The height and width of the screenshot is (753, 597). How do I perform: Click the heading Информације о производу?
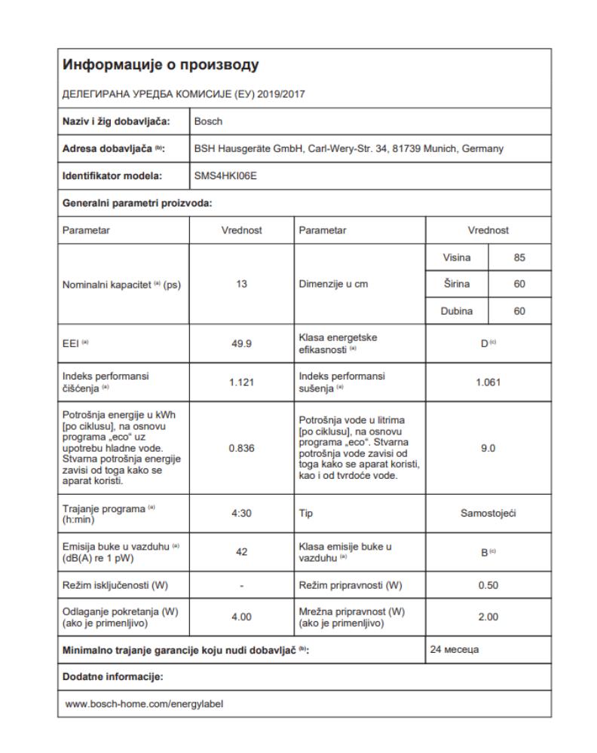(x=162, y=66)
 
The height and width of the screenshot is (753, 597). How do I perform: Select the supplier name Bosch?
(x=208, y=120)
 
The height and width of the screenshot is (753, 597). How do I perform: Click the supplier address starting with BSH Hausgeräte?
(x=349, y=148)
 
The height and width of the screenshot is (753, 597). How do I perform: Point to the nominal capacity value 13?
(x=241, y=285)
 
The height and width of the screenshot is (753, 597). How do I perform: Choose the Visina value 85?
(x=519, y=258)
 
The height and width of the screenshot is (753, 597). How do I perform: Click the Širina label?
(x=457, y=285)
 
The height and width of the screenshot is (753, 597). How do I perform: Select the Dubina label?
(x=457, y=311)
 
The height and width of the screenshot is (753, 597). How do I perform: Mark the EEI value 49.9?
(x=241, y=344)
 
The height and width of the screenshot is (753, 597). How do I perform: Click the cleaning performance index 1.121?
(x=241, y=383)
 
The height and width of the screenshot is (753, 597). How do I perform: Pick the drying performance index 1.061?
(x=488, y=383)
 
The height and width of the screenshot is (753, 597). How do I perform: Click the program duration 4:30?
(x=241, y=513)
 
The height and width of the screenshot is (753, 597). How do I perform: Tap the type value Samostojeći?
(x=488, y=513)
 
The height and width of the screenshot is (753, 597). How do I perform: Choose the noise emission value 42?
(x=241, y=551)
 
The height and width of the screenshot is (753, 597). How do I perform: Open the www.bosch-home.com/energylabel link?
(x=145, y=703)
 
